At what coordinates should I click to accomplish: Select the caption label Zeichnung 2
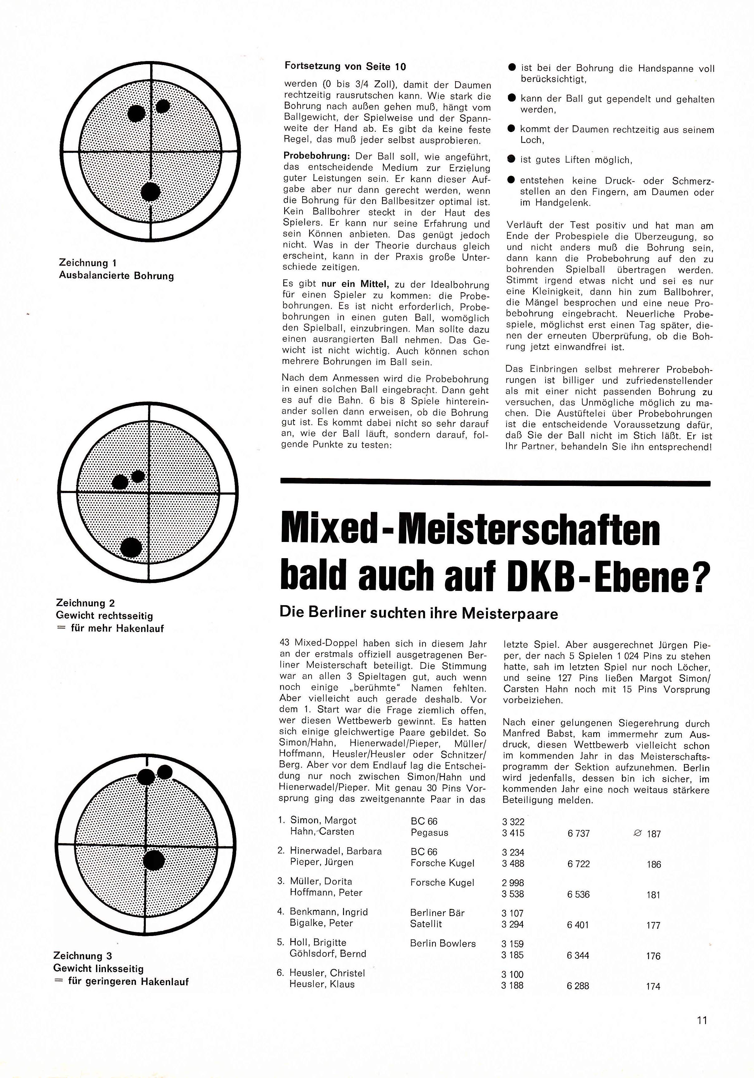[85, 603]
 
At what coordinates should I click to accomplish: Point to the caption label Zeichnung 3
[83, 956]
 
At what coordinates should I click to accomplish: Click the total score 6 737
[578, 833]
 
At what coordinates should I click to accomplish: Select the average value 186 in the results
[653, 864]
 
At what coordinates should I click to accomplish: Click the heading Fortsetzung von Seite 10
[345, 66]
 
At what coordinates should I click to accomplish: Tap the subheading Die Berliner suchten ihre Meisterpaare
[418, 613]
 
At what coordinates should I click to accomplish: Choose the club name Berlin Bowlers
[442, 943]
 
